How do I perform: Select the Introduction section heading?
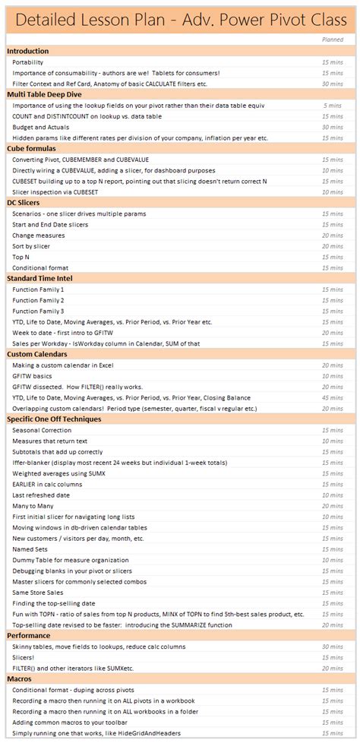[x=27, y=51]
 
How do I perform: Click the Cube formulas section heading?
[x=32, y=148]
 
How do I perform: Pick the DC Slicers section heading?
[x=24, y=203]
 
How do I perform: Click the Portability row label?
[x=28, y=62]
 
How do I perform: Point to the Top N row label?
[x=21, y=257]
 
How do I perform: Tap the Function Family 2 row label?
[x=38, y=300]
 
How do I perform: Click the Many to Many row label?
[x=33, y=505]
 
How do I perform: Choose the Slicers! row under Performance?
[x=24, y=656]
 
